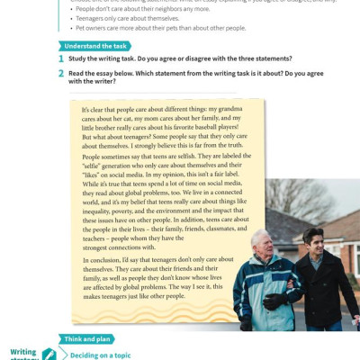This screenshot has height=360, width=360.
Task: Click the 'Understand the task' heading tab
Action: pyautogui.click(x=93, y=45)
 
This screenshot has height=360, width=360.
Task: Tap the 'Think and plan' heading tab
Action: pyautogui.click(x=90, y=339)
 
